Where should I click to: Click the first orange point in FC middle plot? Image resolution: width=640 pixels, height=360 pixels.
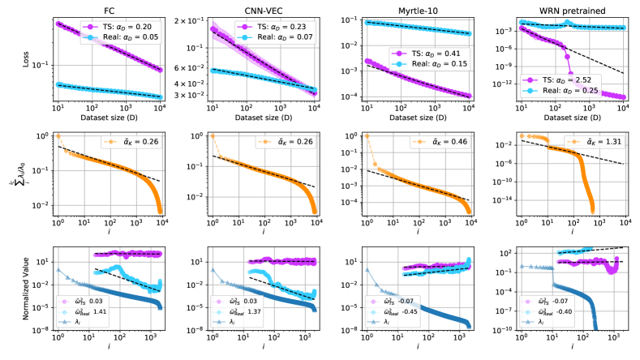[x=58, y=135]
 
